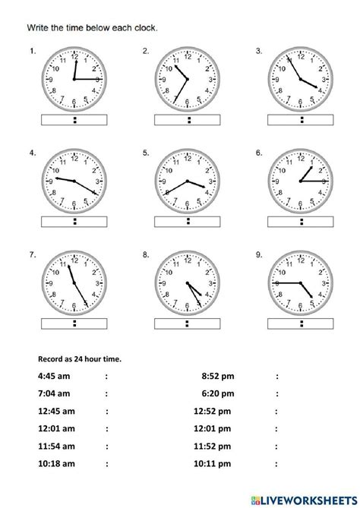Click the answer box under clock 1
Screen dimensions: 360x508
(x=74, y=119)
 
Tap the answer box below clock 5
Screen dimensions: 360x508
(x=188, y=221)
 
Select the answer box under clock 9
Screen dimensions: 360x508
(x=302, y=323)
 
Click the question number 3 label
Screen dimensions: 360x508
(x=259, y=52)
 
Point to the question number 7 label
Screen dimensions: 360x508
(x=33, y=255)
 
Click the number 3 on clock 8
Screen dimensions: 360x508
(x=210, y=282)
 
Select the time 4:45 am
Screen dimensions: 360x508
(x=52, y=375)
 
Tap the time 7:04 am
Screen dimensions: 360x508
(x=52, y=393)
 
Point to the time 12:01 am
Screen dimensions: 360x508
(x=55, y=428)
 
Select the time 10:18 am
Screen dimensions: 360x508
(x=55, y=463)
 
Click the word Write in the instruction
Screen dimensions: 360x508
(x=38, y=28)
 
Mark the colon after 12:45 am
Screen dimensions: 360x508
(x=106, y=411)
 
